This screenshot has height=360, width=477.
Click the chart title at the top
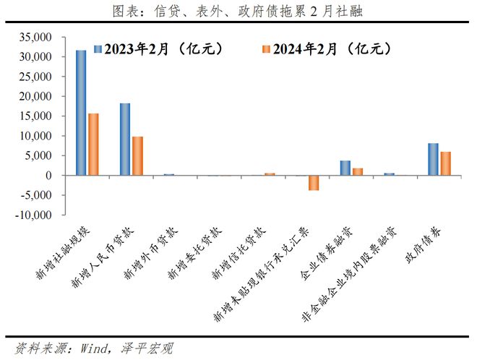click(x=239, y=10)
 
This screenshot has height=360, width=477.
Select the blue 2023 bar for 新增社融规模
click(x=81, y=113)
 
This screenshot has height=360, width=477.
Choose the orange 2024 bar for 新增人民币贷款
click(x=137, y=156)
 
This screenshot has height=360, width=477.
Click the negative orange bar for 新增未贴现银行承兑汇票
click(x=313, y=183)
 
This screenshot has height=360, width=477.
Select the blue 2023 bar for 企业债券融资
click(x=345, y=168)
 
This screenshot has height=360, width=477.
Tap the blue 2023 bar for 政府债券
click(x=434, y=159)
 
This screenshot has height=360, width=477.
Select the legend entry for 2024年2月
click(x=321, y=49)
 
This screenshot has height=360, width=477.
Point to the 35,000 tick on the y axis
click(x=37, y=37)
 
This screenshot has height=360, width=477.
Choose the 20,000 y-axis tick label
click(x=37, y=96)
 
